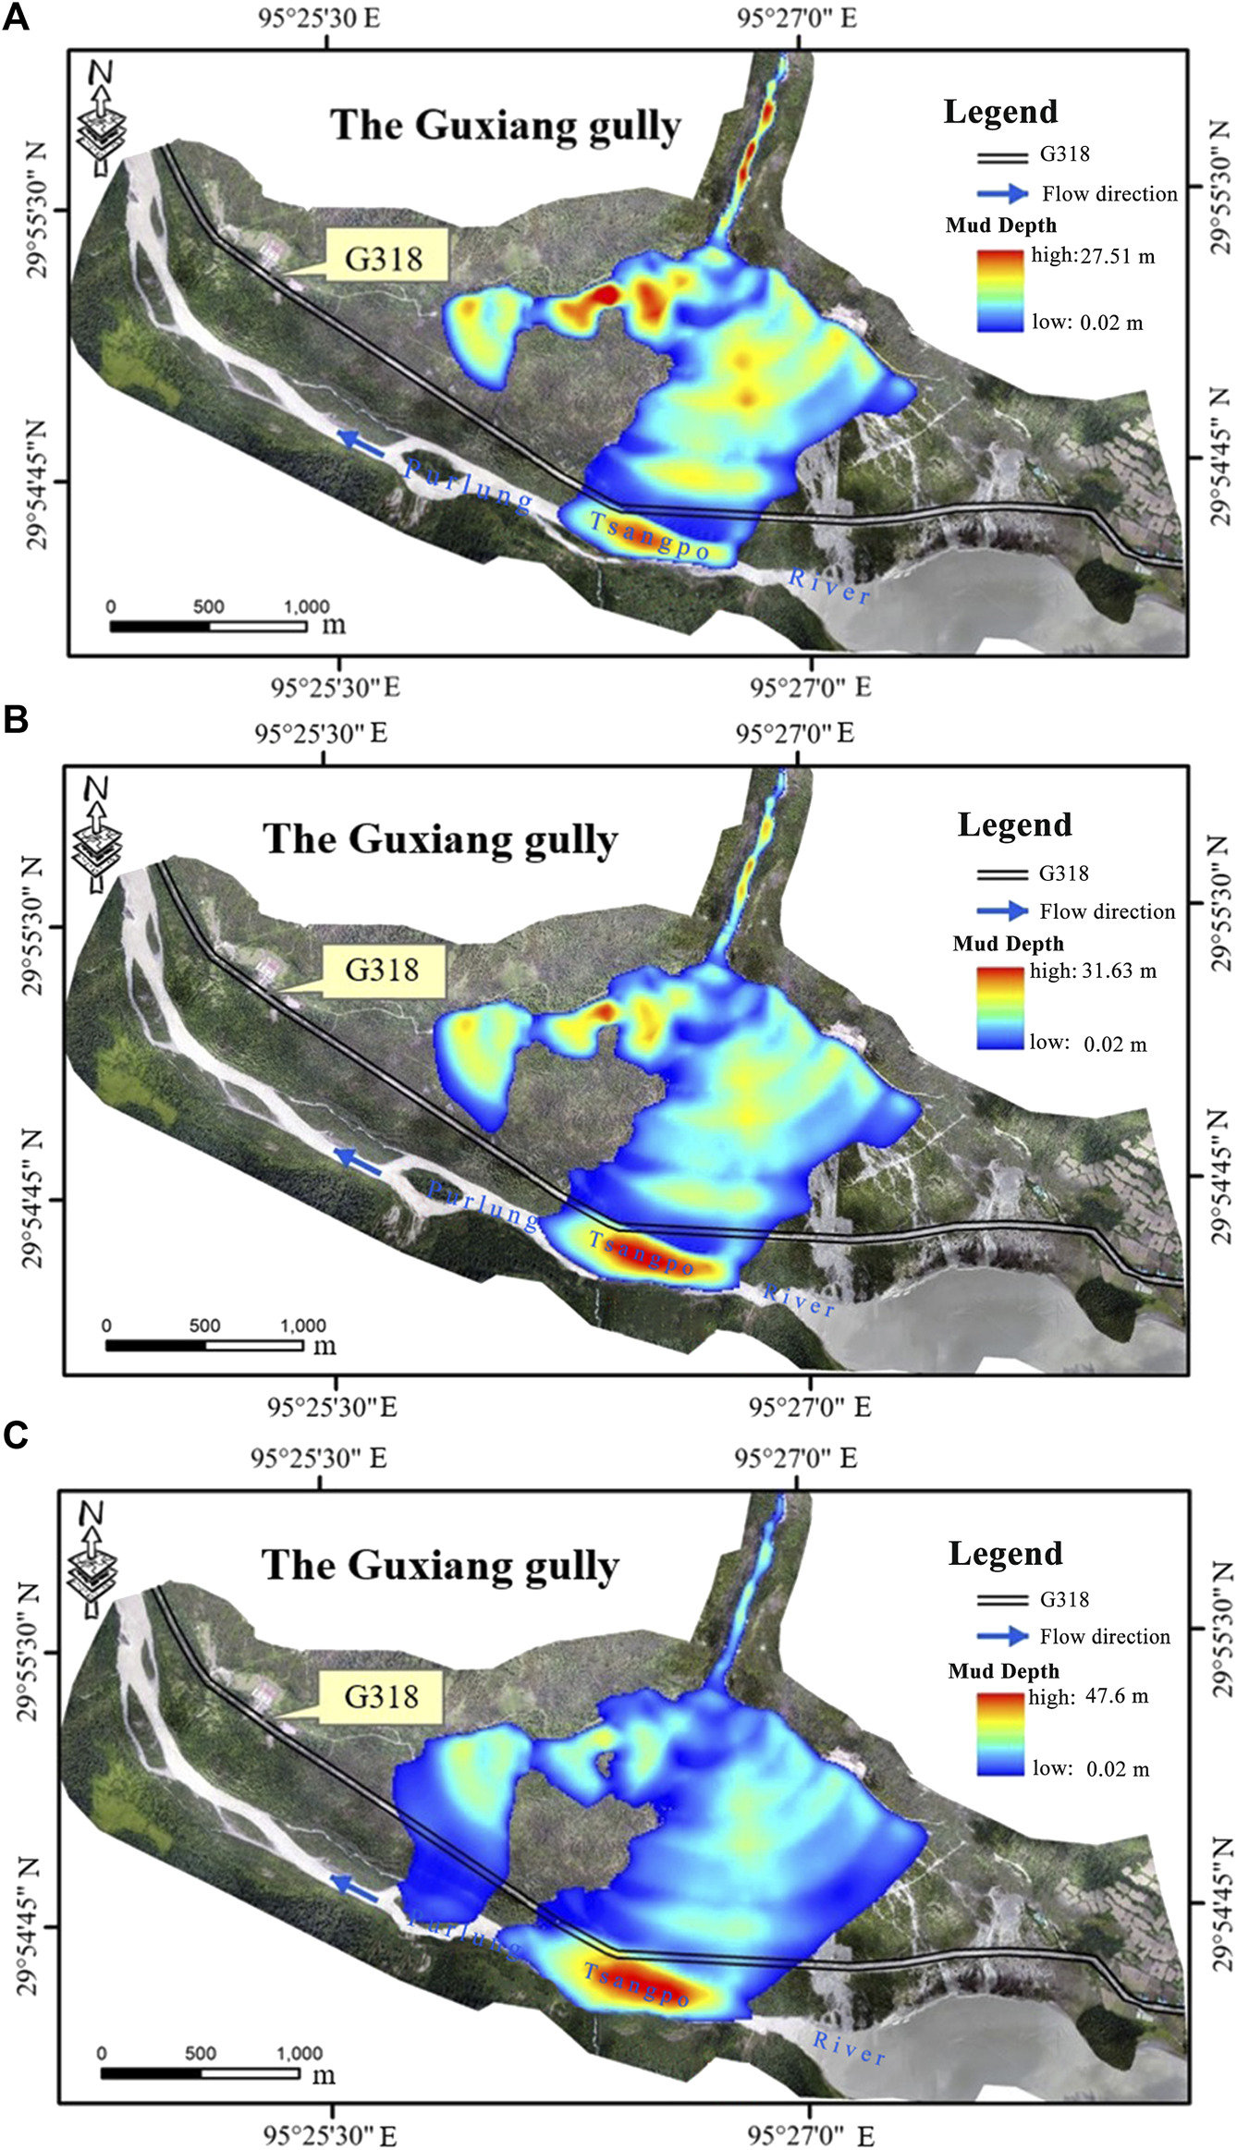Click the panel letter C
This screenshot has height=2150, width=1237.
click(x=16, y=1434)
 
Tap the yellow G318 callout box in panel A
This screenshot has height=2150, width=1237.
click(x=384, y=257)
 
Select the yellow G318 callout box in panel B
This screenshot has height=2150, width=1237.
click(x=382, y=970)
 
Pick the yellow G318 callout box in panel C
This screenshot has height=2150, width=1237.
click(x=381, y=1696)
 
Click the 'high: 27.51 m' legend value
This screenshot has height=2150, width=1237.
click(x=1093, y=256)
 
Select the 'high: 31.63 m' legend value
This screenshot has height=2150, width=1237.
click(x=1093, y=971)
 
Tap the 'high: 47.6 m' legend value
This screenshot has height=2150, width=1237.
click(x=1088, y=1696)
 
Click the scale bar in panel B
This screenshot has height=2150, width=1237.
click(x=204, y=1345)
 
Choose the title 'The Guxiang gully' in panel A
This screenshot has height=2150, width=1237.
click(x=505, y=126)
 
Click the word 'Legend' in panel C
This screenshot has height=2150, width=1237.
click(x=1005, y=1554)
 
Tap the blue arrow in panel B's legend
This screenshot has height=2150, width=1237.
click(x=1002, y=911)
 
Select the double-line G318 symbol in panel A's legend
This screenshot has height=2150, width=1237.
click(x=1002, y=156)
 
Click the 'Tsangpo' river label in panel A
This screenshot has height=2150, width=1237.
click(x=649, y=537)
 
